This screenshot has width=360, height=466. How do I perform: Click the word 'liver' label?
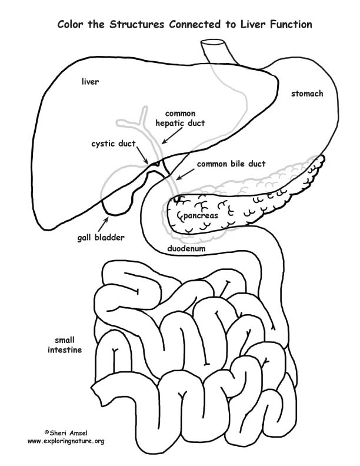[x=90, y=81]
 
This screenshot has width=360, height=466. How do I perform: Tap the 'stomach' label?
[x=306, y=94]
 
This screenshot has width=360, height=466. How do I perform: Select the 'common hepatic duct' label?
[x=180, y=118]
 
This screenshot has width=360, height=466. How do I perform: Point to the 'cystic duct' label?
[x=114, y=143]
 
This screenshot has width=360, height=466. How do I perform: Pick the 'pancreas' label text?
[x=201, y=216]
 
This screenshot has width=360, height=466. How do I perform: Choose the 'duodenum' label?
[x=188, y=248]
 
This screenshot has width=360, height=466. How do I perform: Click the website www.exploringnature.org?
[x=66, y=441]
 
